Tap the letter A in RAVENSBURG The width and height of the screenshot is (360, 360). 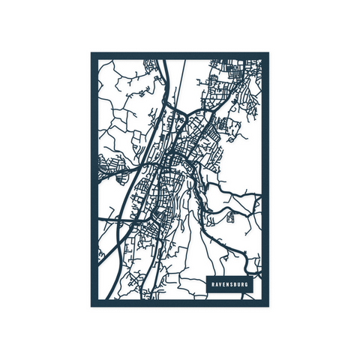[x=217, y=286]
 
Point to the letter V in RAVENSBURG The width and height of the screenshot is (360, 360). [x=221, y=286]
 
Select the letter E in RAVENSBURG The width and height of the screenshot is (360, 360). [x=226, y=286]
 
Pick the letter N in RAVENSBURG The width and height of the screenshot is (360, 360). [x=230, y=286]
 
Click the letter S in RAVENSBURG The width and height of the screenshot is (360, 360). [x=235, y=286]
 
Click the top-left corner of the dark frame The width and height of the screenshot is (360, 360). [x=92, y=54]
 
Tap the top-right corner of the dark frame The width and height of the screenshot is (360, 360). [x=268, y=54]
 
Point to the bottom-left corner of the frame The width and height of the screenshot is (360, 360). [x=92, y=305]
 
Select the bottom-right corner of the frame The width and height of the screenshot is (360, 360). [x=268, y=305]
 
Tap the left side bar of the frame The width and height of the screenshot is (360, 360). [x=94, y=180]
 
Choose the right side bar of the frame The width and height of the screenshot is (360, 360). [x=265, y=180]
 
